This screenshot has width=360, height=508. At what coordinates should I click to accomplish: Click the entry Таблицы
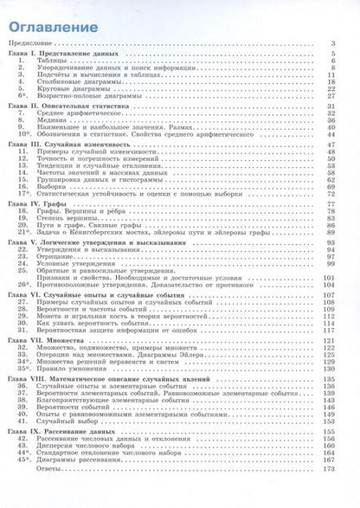(x=51, y=61)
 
